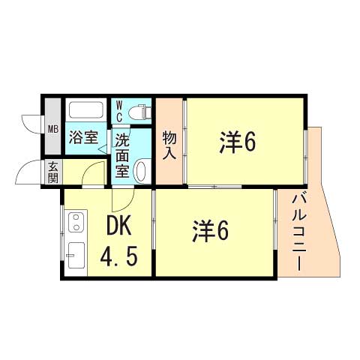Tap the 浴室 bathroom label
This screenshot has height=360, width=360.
pyautogui.click(x=83, y=138)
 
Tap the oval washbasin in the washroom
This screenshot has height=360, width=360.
pyautogui.click(x=140, y=172)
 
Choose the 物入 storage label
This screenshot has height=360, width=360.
pyautogui.click(x=169, y=143)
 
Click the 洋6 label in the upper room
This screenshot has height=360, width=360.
pyautogui.click(x=238, y=142)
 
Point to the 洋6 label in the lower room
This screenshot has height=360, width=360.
pyautogui.click(x=209, y=230)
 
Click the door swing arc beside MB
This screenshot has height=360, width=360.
pyautogui.click(x=30, y=121)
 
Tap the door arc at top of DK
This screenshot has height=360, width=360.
pyautogui.click(x=121, y=199)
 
